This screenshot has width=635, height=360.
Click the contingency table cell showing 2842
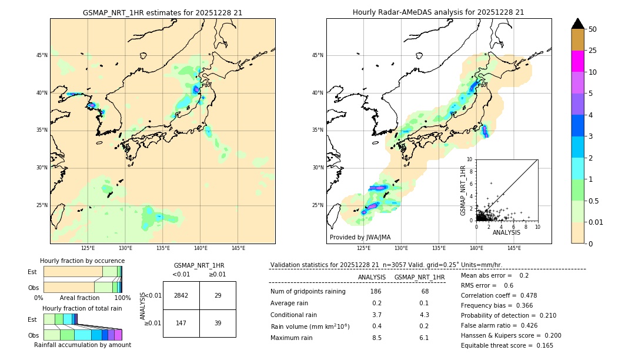(x=181, y=295)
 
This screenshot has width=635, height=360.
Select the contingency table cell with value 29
(x=218, y=295)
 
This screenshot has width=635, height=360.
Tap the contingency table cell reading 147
(x=181, y=323)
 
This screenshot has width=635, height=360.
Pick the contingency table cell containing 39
(x=218, y=323)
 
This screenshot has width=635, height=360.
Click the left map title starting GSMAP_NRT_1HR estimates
(x=162, y=12)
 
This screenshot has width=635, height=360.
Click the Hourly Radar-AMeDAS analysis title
(x=438, y=12)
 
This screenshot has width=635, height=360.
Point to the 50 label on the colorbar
(x=593, y=29)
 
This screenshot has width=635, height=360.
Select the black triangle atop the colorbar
(x=578, y=24)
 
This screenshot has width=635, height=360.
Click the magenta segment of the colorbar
(x=578, y=61)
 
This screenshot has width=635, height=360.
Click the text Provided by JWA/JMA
(x=360, y=237)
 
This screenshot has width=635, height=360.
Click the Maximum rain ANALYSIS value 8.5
(x=376, y=338)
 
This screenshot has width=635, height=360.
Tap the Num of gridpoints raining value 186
(x=376, y=291)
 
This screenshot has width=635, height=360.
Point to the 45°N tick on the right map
(x=317, y=55)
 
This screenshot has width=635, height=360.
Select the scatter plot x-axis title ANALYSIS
(x=506, y=233)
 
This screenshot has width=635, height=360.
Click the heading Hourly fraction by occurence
(x=82, y=261)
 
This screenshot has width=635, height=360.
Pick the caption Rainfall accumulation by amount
(x=82, y=345)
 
